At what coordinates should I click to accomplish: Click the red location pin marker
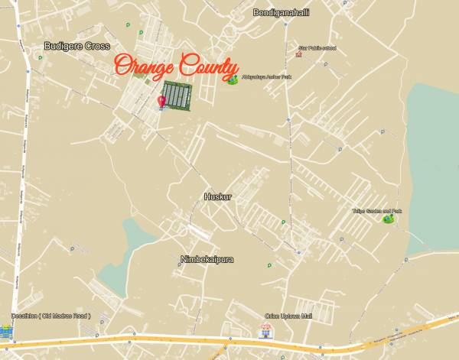click(x=161, y=101)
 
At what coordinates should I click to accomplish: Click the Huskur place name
click(x=217, y=196)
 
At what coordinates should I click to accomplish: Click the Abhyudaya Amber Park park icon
click(x=232, y=79)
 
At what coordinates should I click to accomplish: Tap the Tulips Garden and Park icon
click(x=389, y=219)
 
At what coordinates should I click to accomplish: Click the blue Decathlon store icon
click(x=6, y=331)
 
